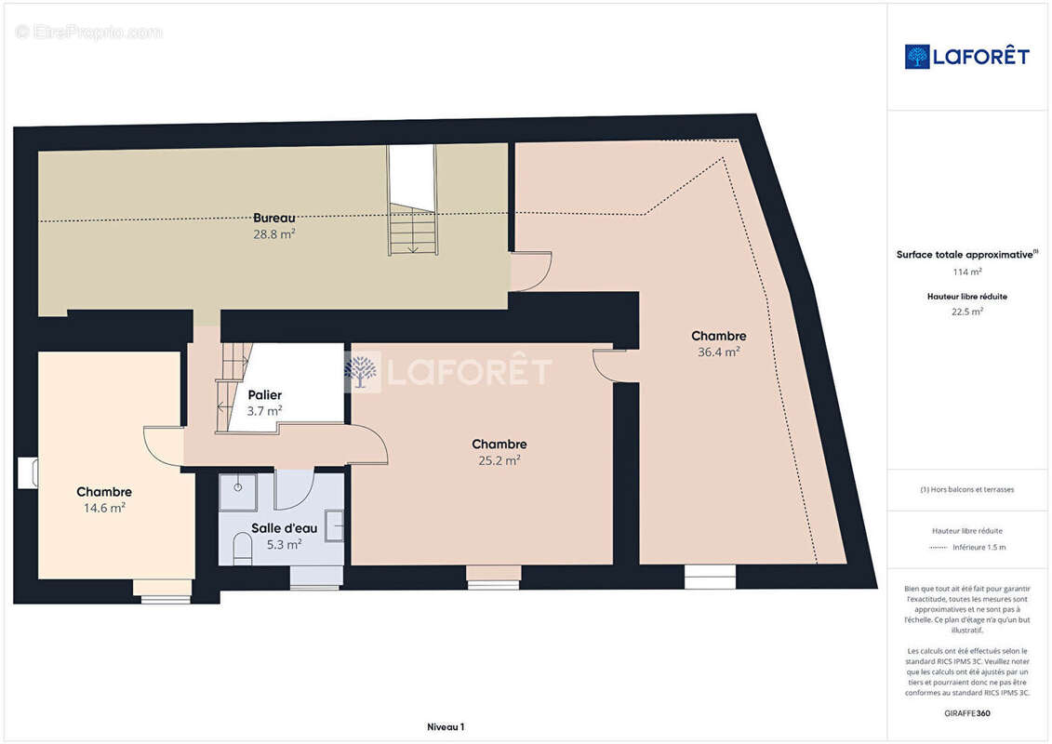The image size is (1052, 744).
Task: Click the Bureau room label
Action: (x=273, y=218)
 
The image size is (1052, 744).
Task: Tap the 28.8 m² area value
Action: (x=273, y=234)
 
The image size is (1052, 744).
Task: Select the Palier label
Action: (x=264, y=394)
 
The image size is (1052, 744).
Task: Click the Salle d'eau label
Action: (x=284, y=528)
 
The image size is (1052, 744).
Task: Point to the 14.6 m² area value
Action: (x=104, y=508)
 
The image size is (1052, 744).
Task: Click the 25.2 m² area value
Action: (x=499, y=459)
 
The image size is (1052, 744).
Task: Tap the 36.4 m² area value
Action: (x=718, y=352)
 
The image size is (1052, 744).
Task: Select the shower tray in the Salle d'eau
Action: (x=238, y=493)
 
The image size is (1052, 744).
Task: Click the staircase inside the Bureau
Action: (x=412, y=230)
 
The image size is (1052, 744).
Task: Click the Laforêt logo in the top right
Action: (x=966, y=57)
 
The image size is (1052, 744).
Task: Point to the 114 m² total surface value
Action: (x=967, y=272)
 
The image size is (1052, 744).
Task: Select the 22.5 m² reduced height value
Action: (x=967, y=312)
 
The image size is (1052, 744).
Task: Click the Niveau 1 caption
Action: (x=445, y=726)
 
